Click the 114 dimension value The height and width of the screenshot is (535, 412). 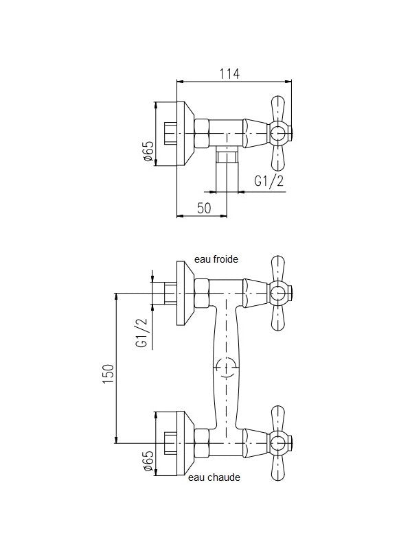coord(229,73)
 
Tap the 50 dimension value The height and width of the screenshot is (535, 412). coord(204,207)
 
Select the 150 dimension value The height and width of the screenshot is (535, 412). coord(108,374)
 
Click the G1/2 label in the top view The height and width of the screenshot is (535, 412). coord(269,181)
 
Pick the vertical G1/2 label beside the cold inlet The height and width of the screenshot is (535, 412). coord(141,333)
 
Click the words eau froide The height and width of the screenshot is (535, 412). coord(216,259)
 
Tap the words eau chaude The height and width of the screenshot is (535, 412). coord(214,477)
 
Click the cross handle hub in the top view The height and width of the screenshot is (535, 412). coord(277,134)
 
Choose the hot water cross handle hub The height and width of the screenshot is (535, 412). coord(277,443)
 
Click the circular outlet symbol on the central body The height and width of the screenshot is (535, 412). coord(227,368)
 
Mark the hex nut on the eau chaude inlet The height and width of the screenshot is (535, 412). coord(202,443)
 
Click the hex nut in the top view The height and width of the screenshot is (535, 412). coord(202,134)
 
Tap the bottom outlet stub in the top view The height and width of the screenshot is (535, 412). coord(227,156)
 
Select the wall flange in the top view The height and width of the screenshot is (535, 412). coord(185,134)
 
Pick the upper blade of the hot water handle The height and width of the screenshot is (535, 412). coord(277,419)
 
